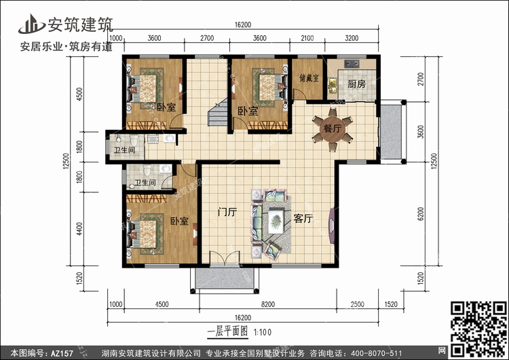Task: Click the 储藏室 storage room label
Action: [x=309, y=78]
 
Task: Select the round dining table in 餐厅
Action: [x=331, y=128]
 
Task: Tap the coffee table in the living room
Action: [x=277, y=220]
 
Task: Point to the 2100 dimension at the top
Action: [x=307, y=38]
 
